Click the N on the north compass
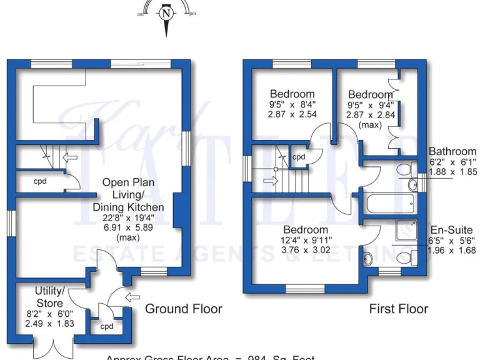pyautogui.click(x=166, y=12)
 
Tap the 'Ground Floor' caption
pyautogui.click(x=183, y=309)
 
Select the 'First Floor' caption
pyautogui.click(x=398, y=309)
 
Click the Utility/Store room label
pyautogui.click(x=49, y=296)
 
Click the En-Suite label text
pyautogui.click(x=450, y=230)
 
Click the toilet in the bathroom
pyautogui.click(x=407, y=169)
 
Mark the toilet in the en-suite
pyautogui.click(x=407, y=257)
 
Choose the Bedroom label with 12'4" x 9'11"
pyautogui.click(x=305, y=230)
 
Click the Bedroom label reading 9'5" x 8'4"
pyautogui.click(x=292, y=95)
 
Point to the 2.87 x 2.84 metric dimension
pyautogui.click(x=371, y=115)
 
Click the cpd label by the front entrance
pyautogui.click(x=107, y=326)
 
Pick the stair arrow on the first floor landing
pyautogui.click(x=269, y=181)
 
